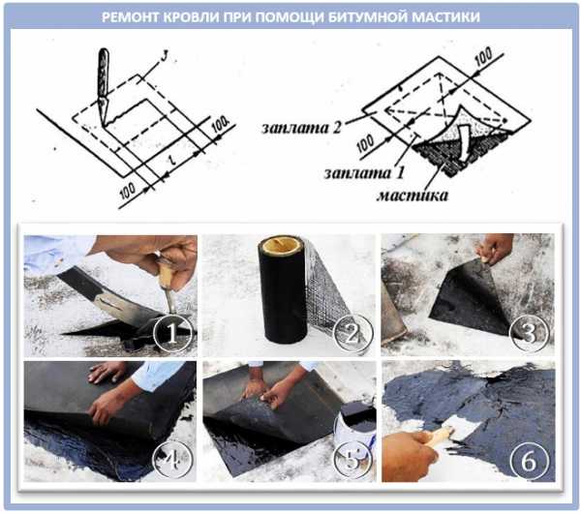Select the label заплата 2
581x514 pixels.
pos(301,128)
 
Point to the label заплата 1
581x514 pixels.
pos(364,172)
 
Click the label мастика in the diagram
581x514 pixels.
pos(413,196)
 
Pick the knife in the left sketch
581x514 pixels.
pos(103,86)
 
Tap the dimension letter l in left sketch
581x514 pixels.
pos(172,161)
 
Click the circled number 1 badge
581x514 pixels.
pos(172,333)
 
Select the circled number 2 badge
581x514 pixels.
pos(352,333)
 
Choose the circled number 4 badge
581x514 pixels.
pos(172,461)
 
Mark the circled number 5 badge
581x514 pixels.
pos(352,461)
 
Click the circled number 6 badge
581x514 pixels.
pos(529,461)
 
